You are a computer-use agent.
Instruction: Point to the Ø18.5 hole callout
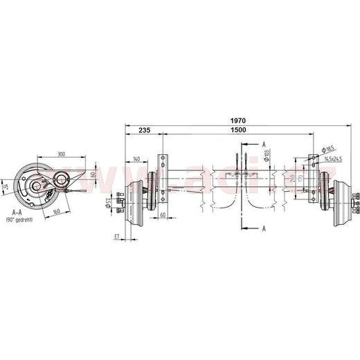tap(329, 148)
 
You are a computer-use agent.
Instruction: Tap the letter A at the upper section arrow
tap(265, 143)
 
